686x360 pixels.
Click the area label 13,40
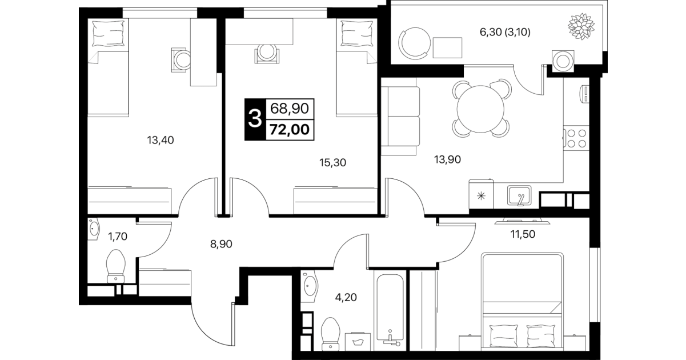point(161,141)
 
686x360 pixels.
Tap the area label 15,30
point(332,163)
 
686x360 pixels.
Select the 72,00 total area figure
point(290,129)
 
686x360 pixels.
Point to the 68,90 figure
point(290,109)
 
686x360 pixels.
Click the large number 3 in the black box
point(255,119)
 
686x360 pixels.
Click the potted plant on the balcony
point(581,26)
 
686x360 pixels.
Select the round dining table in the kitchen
point(480,109)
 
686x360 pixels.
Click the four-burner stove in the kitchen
point(576,138)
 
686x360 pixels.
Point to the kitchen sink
point(519,195)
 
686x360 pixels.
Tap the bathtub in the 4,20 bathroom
point(390,310)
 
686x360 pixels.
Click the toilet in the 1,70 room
point(116,266)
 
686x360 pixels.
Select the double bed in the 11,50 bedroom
point(522,301)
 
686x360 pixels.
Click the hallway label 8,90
point(221,244)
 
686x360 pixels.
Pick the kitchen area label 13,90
point(447,159)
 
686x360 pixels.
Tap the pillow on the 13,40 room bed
point(109,33)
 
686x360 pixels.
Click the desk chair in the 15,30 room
point(267,54)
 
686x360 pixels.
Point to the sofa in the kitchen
point(400,117)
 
